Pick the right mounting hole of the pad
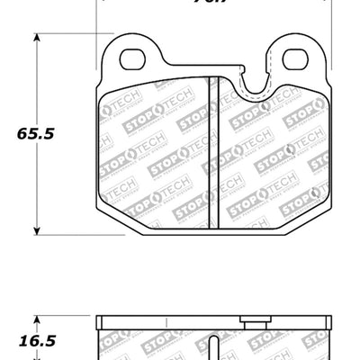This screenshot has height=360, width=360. pyautogui.click(x=293, y=59)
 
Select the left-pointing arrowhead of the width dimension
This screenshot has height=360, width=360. pyautogui.click(x=100, y=3)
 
